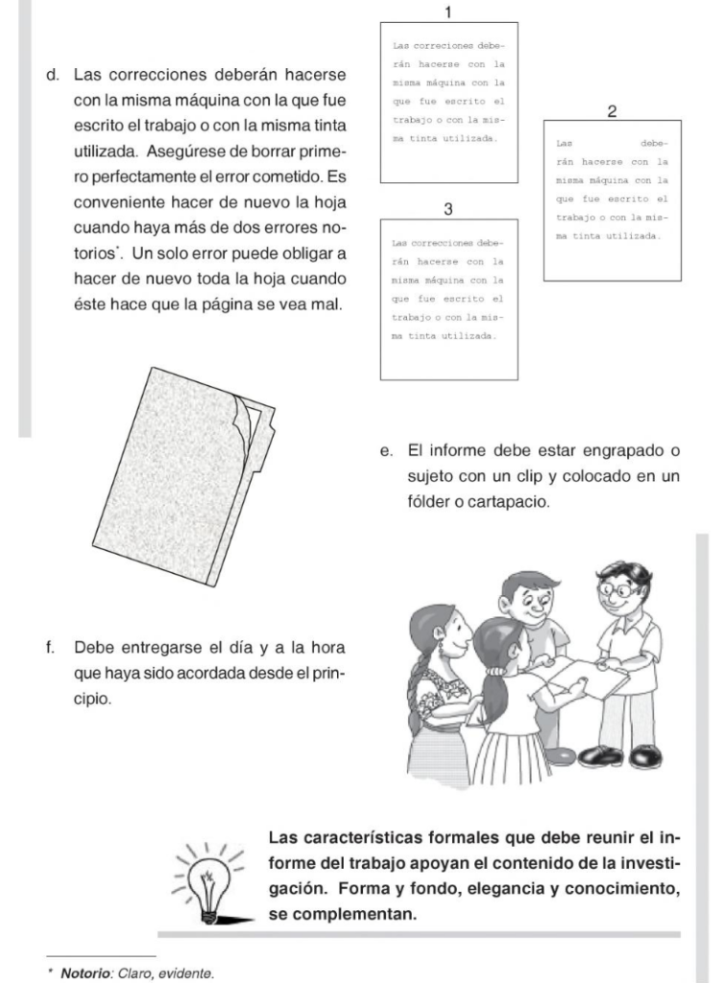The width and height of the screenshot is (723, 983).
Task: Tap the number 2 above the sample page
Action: pos(612,111)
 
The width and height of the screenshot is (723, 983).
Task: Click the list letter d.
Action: pos(53,75)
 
